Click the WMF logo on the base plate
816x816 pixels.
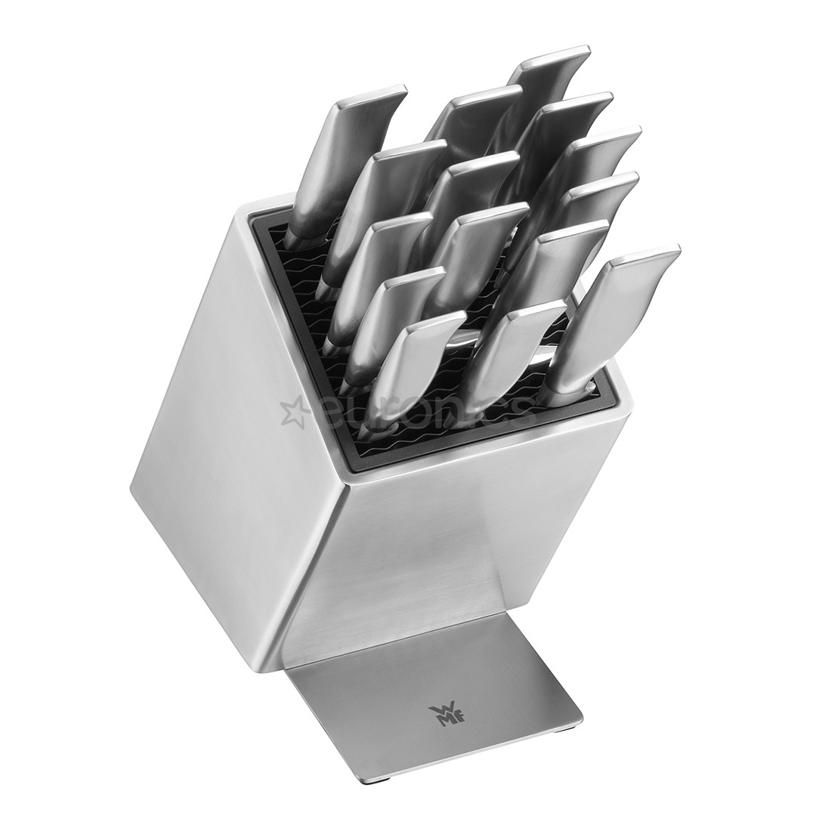point(440,714)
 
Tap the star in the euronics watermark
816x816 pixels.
point(293,412)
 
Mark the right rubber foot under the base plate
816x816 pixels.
point(563,729)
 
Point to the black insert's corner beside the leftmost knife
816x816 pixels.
point(261,219)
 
